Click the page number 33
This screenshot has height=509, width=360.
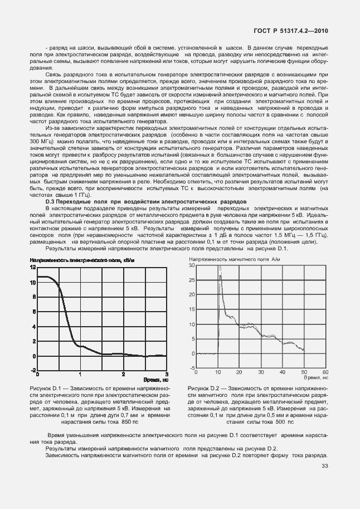point(325,467)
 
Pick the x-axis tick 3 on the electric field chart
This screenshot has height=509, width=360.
point(166,374)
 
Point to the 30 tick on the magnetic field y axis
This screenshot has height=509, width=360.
point(192,266)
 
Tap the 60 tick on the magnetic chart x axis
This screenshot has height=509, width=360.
point(326,372)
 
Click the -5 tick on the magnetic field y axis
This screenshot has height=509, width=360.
point(192,368)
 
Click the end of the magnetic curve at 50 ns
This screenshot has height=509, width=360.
point(303,350)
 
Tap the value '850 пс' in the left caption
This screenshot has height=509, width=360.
point(130,421)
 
